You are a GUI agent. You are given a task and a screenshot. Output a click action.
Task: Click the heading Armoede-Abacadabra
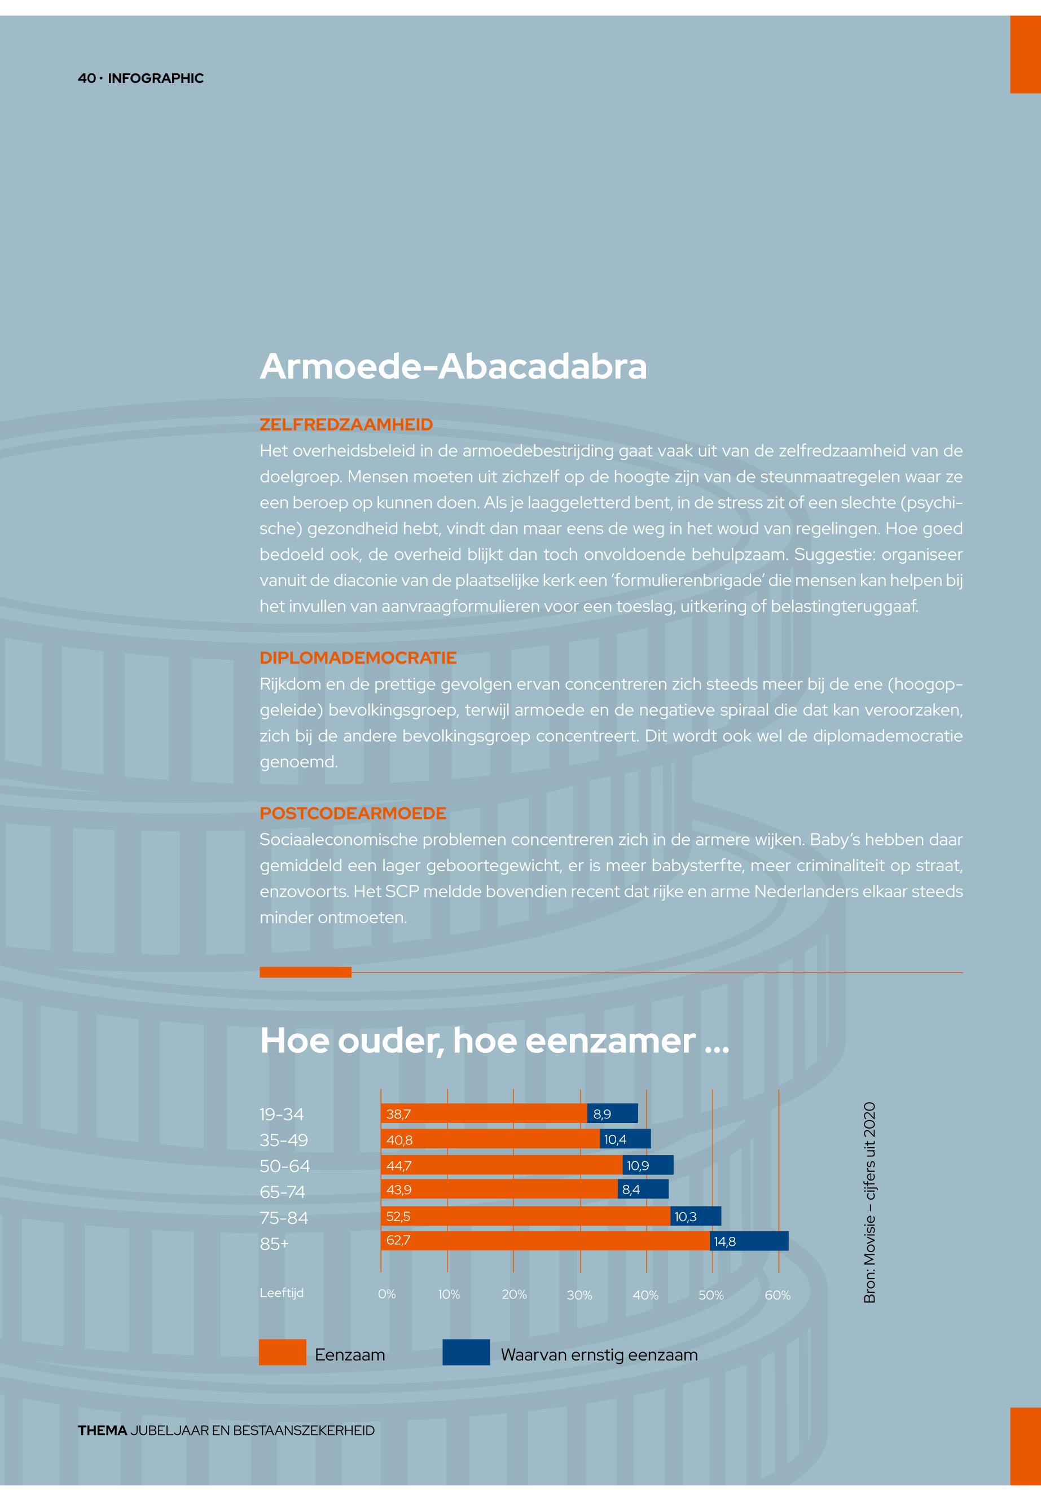[x=453, y=367]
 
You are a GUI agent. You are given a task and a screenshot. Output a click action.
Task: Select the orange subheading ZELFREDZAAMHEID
[x=346, y=425]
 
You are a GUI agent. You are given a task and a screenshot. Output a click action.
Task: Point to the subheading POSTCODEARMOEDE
[x=353, y=814]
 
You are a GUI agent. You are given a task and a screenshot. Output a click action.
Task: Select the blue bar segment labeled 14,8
[x=749, y=1241]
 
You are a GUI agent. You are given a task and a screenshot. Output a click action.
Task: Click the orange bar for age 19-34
[x=484, y=1113]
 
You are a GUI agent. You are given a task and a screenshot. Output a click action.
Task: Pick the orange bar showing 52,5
[x=525, y=1216]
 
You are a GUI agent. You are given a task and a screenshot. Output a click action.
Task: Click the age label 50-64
[x=284, y=1166]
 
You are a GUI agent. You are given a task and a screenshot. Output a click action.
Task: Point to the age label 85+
[x=274, y=1244]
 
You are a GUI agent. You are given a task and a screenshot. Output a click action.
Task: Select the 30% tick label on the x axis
[x=579, y=1295]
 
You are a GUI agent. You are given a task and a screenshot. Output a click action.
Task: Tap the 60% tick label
[x=778, y=1295]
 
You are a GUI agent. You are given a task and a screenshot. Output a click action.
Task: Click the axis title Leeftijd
[x=281, y=1293]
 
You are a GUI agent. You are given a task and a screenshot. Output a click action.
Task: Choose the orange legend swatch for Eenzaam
[x=283, y=1352]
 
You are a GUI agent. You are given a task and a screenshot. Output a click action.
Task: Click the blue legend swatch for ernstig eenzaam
[x=465, y=1352]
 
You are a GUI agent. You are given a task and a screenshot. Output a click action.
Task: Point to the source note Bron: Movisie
[x=869, y=1202]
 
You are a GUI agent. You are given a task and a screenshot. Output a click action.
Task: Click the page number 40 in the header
[x=86, y=78]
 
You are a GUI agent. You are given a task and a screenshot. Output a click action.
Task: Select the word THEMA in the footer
[x=102, y=1430]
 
